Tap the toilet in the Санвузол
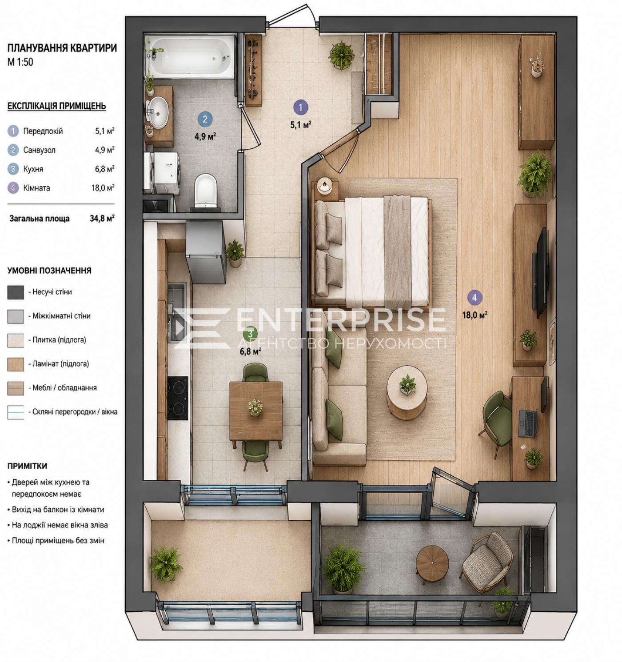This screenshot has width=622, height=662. click(x=205, y=191)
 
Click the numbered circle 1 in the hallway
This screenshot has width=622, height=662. click(x=301, y=108)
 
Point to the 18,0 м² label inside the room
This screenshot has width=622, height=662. click(x=474, y=315)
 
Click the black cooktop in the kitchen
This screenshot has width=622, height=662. click(x=178, y=398)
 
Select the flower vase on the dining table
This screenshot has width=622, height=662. click(x=255, y=407)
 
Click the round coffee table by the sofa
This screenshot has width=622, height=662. click(x=407, y=392)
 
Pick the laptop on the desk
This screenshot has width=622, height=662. click(x=528, y=423)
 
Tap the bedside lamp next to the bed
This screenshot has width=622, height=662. click(x=324, y=186)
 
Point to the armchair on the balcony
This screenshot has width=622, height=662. click(x=488, y=562)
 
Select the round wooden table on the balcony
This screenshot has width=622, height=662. click(x=432, y=563)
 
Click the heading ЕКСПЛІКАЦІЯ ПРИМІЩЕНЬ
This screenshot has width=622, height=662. click(x=57, y=106)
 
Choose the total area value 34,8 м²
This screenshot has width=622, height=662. click(x=102, y=218)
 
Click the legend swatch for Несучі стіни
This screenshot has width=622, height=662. click(x=16, y=292)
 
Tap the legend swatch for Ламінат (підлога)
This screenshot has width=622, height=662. click(x=16, y=364)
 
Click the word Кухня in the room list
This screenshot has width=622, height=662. click(x=33, y=169)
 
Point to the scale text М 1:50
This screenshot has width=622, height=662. click(x=20, y=62)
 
